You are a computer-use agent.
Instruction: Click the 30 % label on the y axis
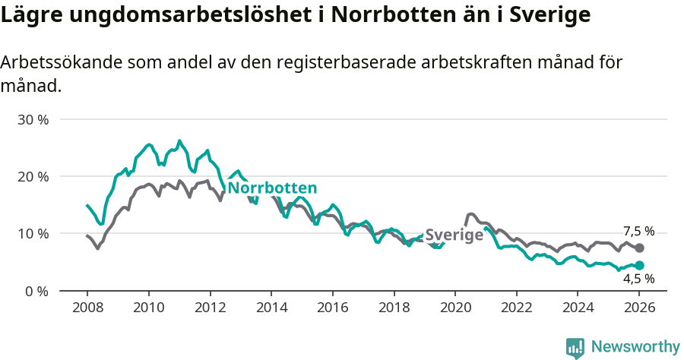pos(33,119)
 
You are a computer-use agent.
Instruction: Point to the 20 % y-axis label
pos(33,176)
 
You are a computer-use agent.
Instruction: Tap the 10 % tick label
pos(33,233)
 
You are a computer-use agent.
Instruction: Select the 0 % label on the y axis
pos(36,290)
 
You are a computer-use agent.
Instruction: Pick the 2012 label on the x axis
pos(210,308)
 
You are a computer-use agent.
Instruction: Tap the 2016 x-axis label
pos(332,308)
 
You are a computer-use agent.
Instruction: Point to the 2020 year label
pos(455,308)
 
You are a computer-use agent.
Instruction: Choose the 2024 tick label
pos(578,308)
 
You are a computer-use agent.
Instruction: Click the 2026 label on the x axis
pos(639,308)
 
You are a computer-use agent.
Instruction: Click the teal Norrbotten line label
pos(272,188)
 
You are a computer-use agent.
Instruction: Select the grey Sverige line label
pos(454,235)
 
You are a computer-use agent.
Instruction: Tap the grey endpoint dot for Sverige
pos(639,248)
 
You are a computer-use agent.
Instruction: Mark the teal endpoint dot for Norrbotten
pos(639,265)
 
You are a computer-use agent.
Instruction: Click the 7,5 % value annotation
pos(638,231)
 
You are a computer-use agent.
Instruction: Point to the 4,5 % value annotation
pos(638,279)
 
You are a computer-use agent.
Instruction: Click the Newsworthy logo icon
pos(575,347)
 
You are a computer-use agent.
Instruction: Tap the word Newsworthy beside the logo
pos(635,347)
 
